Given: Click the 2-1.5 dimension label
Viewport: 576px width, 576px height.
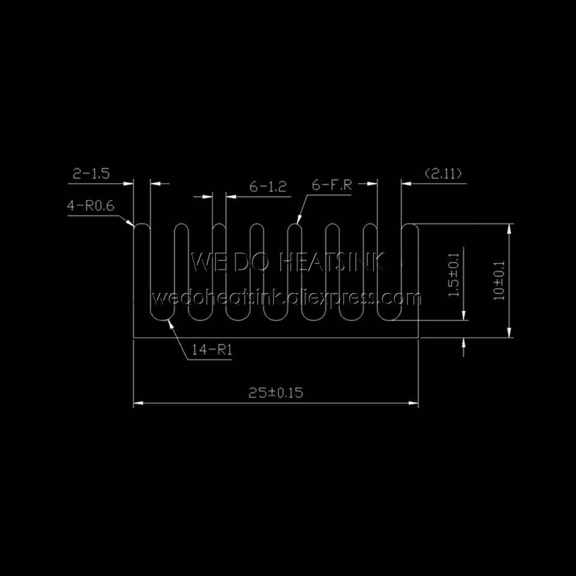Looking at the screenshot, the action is (x=91, y=174).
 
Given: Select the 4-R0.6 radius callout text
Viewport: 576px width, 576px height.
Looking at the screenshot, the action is (x=91, y=206).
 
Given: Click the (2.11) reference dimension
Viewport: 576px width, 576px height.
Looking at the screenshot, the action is (x=443, y=174).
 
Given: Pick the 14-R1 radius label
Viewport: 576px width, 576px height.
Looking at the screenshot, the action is (x=212, y=350).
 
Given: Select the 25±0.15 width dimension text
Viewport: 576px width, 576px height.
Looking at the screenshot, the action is (x=276, y=393).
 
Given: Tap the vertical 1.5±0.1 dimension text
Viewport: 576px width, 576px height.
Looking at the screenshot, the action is (x=454, y=275).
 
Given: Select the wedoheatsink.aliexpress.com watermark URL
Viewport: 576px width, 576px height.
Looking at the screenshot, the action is (x=287, y=298).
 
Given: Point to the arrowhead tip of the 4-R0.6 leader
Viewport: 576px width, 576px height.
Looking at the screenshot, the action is (x=133, y=226).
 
